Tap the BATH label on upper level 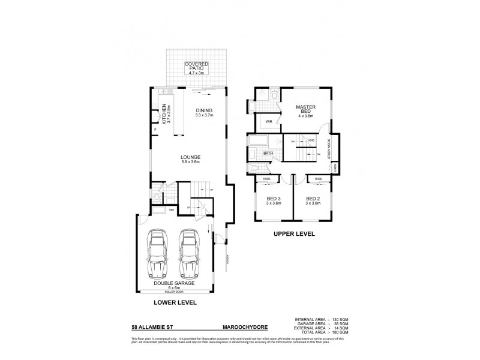tap(268, 154)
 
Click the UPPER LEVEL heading tap(293, 233)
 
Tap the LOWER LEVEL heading tap(176, 303)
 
